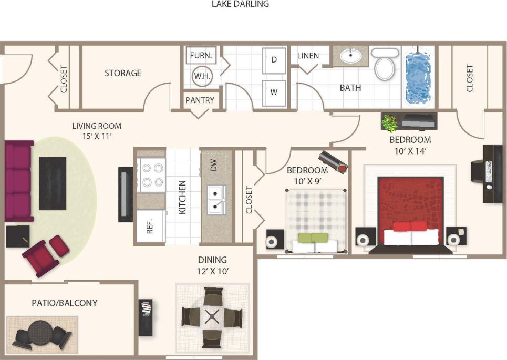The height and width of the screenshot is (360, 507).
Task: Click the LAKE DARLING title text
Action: point(240,4)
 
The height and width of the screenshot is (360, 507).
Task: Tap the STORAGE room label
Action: point(123,73)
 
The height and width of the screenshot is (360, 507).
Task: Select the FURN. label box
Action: point(201,55)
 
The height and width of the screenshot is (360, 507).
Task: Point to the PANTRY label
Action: point(200,100)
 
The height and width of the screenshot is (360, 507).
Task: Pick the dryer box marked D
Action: point(274,59)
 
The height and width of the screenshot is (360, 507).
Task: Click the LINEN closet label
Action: point(308,56)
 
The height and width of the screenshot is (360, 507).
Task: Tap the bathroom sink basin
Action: point(349,55)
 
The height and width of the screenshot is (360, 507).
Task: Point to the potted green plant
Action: point(389,124)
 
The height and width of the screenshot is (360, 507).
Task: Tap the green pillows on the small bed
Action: point(313,238)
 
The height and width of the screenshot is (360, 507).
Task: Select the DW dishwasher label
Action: point(213,166)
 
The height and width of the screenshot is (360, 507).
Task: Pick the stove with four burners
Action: point(151,175)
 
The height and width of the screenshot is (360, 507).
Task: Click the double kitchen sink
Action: point(216,199)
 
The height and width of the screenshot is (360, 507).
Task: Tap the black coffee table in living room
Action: point(53,183)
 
